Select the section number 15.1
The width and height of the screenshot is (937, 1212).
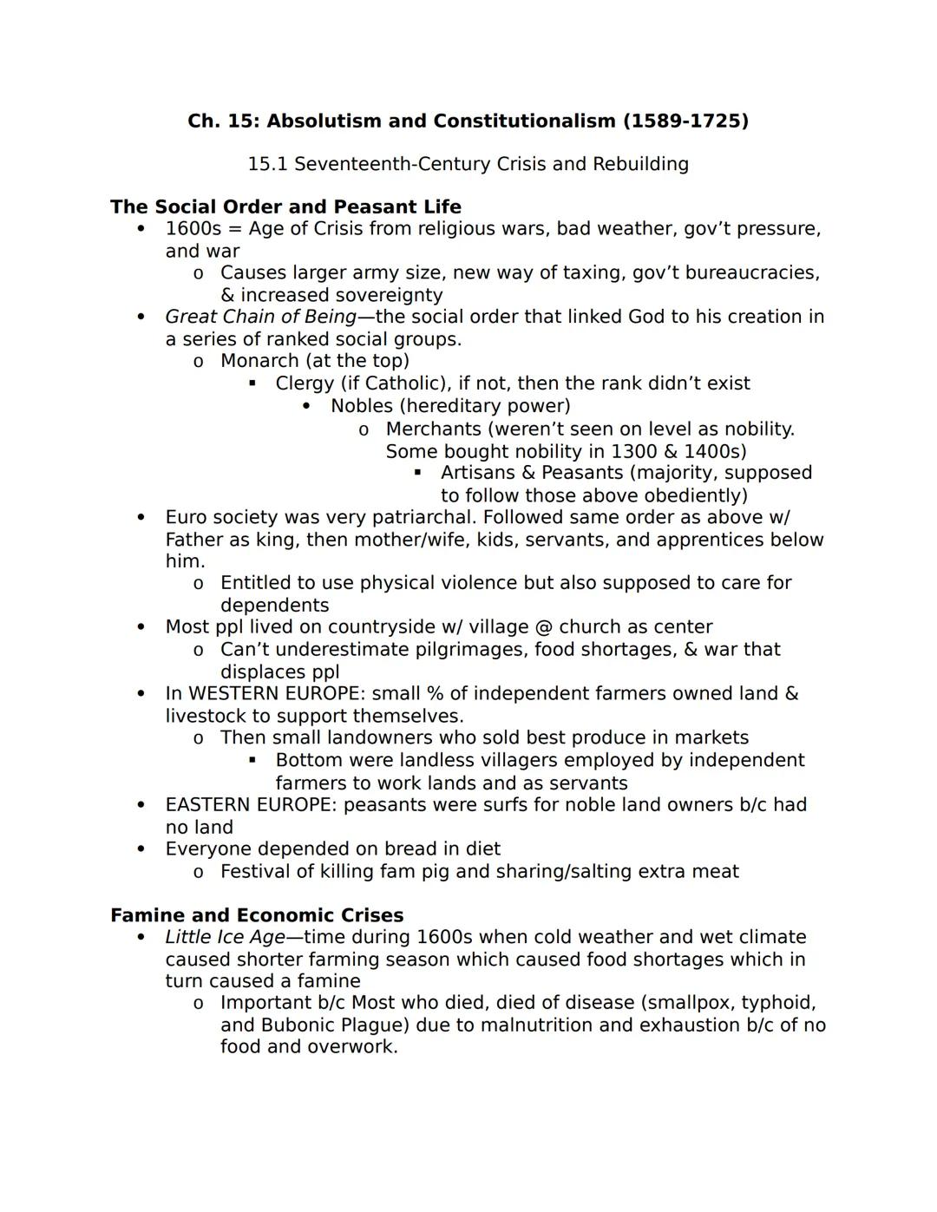coord(267,164)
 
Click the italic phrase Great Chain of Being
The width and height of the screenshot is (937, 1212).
coord(260,317)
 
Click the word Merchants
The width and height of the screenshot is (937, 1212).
coord(433,429)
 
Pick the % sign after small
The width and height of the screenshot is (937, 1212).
coord(435,694)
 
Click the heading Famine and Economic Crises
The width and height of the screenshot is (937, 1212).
coord(257,915)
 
